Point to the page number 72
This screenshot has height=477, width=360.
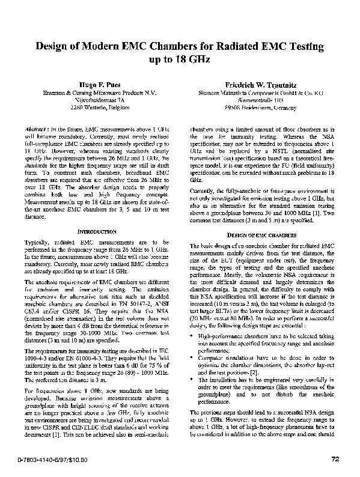pos(335,460)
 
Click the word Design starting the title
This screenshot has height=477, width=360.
pos(53,47)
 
